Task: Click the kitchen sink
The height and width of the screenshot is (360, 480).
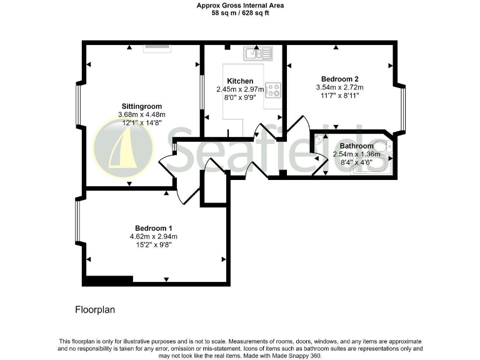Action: point(256,53)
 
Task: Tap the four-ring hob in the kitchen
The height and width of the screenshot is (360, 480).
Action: point(273,91)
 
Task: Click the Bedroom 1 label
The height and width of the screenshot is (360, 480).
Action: point(154,227)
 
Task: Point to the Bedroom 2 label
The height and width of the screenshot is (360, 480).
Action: point(339,79)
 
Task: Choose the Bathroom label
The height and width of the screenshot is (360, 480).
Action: point(356,146)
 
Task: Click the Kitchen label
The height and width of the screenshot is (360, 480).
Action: point(240,81)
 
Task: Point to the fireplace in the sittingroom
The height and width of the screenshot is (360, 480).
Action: point(156,46)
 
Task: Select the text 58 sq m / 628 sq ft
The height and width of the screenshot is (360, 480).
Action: point(239,12)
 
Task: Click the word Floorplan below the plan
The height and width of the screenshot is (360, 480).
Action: point(95,309)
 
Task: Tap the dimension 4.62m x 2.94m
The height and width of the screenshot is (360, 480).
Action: point(154,236)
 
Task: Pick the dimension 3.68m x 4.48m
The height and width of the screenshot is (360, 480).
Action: point(141,114)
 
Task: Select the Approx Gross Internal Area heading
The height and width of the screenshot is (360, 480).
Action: point(239,5)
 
